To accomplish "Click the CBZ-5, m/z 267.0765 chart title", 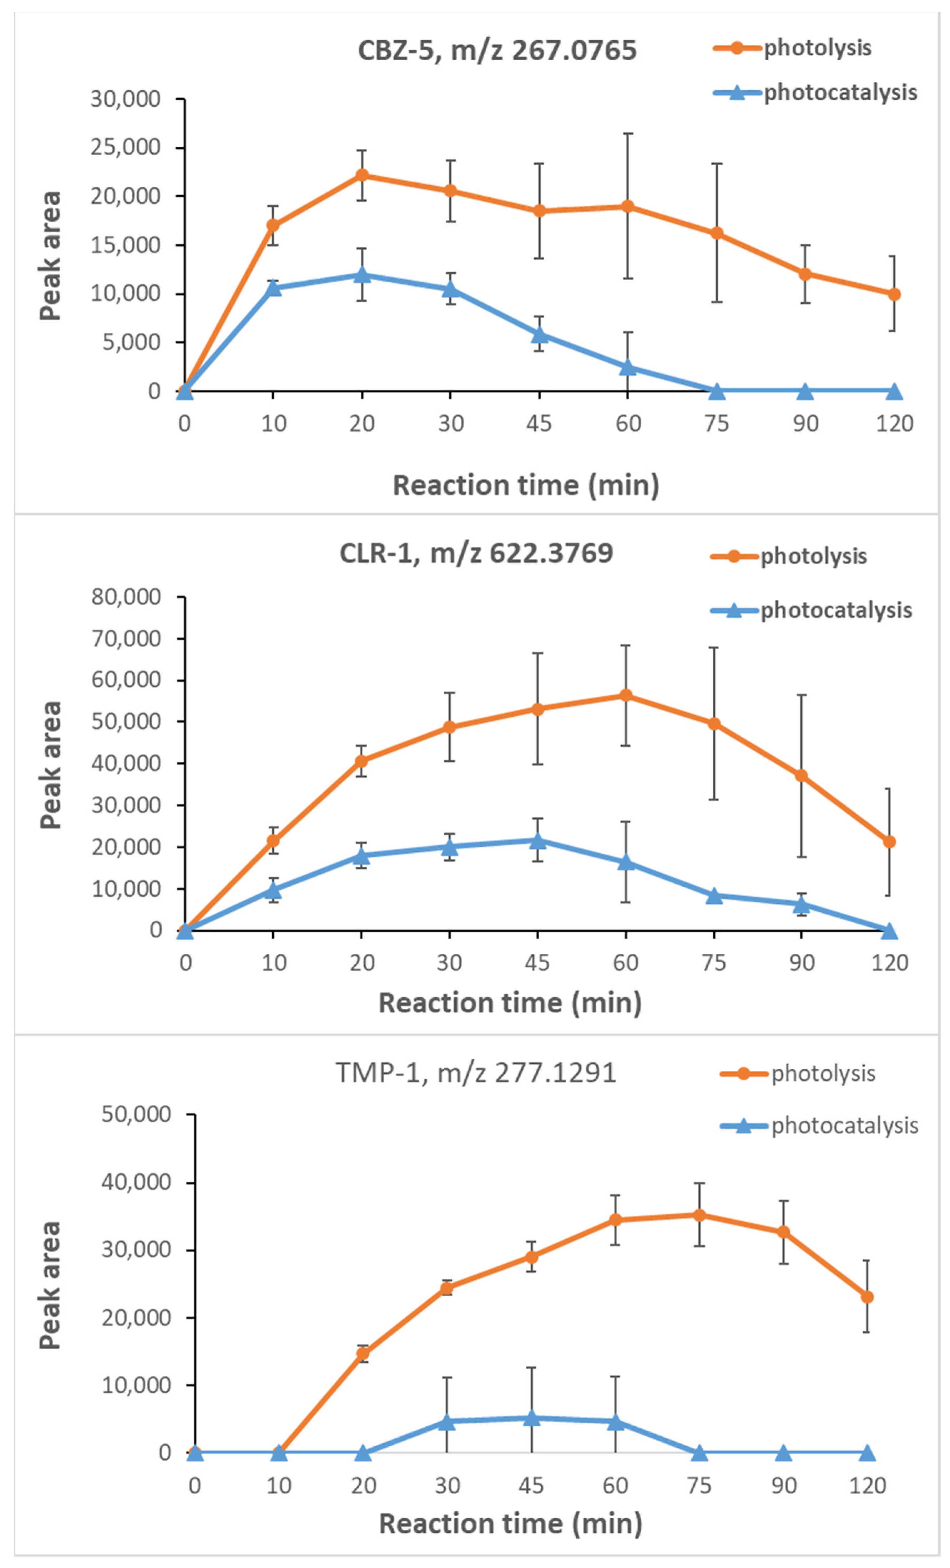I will click(497, 50).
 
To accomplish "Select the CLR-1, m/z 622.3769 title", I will click(476, 553).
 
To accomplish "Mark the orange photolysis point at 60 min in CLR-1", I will click(626, 695).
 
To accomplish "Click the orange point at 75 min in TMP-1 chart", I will click(699, 1215).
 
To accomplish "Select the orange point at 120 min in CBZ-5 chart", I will click(894, 294).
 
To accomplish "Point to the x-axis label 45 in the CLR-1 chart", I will click(538, 963).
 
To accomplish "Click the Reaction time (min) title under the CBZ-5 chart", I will click(526, 485).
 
